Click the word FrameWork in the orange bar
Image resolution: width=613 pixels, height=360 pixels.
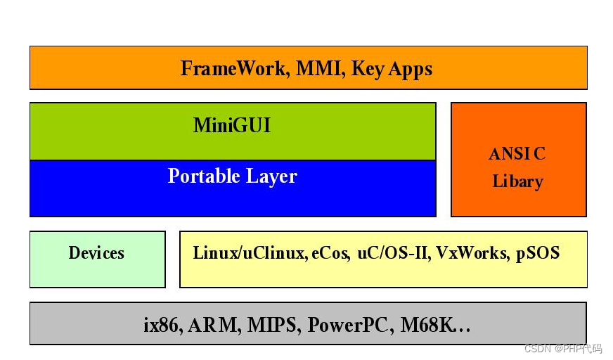pyautogui.click(x=233, y=69)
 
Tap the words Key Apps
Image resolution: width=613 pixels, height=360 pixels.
pyautogui.click(x=392, y=69)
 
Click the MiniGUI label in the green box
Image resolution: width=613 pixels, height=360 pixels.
pyautogui.click(x=232, y=126)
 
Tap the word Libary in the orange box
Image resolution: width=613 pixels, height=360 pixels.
pyautogui.click(x=517, y=181)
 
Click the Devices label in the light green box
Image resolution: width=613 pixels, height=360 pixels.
pyautogui.click(x=96, y=253)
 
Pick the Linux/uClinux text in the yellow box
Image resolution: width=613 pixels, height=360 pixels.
pyautogui.click(x=249, y=253)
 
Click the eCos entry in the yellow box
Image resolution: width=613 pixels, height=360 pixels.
pyautogui.click(x=330, y=253)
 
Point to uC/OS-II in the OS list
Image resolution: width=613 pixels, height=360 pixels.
pyautogui.click(x=393, y=253)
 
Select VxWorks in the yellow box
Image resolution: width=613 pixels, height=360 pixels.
pyautogui.click(x=472, y=253)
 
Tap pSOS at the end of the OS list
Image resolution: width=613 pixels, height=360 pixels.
pyautogui.click(x=538, y=253)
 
